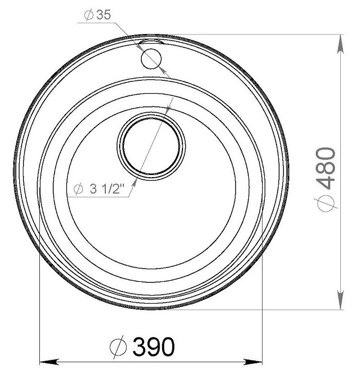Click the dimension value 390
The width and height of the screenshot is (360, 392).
click(154, 346)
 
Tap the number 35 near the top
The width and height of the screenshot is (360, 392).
click(103, 15)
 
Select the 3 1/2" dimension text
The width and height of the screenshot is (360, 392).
click(107, 189)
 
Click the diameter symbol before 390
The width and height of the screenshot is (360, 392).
click(118, 347)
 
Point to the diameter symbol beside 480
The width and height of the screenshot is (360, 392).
click(326, 202)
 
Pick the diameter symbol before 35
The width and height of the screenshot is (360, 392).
click(89, 15)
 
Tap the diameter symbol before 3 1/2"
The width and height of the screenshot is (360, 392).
click(79, 189)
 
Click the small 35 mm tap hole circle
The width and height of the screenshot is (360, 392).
click(151, 59)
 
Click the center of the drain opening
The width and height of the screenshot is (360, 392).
click(151, 146)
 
